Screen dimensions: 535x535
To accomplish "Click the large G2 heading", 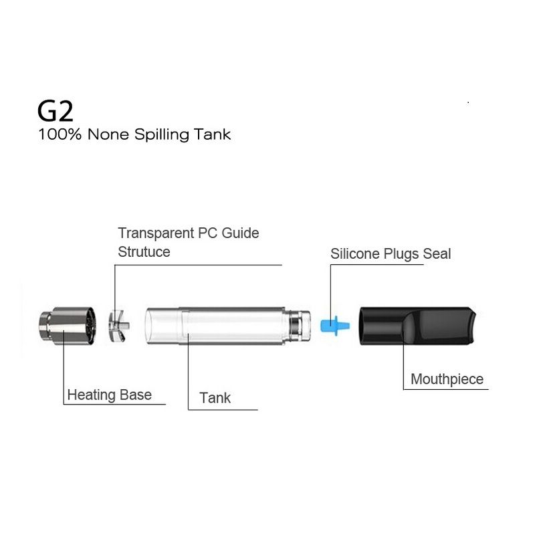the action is pyautogui.click(x=56, y=111).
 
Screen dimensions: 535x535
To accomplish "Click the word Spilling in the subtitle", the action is pyautogui.click(x=161, y=135).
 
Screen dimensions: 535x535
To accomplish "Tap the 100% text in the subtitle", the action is pyautogui.click(x=60, y=134).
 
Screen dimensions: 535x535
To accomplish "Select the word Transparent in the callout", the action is pyautogui.click(x=156, y=234).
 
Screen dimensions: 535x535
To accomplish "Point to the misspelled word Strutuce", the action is pyautogui.click(x=144, y=252).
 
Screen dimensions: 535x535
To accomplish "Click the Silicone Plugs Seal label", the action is pyautogui.click(x=391, y=254).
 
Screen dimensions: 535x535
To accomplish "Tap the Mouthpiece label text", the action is pyautogui.click(x=447, y=379).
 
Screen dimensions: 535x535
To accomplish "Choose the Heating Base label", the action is pyautogui.click(x=110, y=395).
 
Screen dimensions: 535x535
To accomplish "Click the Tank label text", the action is pyautogui.click(x=215, y=398).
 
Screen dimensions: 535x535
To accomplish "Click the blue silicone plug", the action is pyautogui.click(x=335, y=326).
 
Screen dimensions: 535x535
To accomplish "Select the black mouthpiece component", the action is pyautogui.click(x=417, y=326).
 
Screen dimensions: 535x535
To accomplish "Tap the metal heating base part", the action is pyautogui.click(x=68, y=326).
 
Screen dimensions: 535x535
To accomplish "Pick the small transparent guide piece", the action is pyautogui.click(x=118, y=326).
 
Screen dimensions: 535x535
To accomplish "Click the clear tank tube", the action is pyautogui.click(x=227, y=326).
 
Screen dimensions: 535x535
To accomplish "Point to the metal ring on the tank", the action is pyautogui.click(x=294, y=326).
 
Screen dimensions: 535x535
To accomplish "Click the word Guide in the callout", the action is pyautogui.click(x=240, y=233).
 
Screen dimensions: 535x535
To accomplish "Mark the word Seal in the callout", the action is pyautogui.click(x=437, y=254).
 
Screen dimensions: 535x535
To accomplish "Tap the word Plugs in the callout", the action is pyautogui.click(x=401, y=255).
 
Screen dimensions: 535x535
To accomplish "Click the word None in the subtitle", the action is pyautogui.click(x=108, y=134).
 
